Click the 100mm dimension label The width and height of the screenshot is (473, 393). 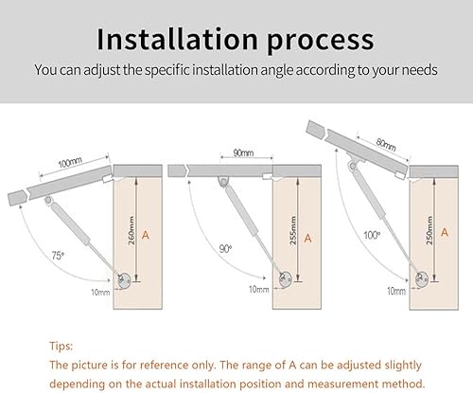[x=70, y=162]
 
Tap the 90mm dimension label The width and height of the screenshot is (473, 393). [x=243, y=152]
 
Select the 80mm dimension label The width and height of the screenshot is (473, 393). [x=386, y=145]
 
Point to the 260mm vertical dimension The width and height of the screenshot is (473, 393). [x=131, y=230]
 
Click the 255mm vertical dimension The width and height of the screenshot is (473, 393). [x=293, y=230]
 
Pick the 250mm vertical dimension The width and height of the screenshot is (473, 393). [x=429, y=230]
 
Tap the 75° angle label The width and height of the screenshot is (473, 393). [x=58, y=256]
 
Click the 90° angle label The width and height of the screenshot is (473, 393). [x=225, y=249]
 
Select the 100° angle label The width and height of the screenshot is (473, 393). [x=372, y=235]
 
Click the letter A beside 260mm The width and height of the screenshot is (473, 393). [x=146, y=235]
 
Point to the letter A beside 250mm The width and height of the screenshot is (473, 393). [x=445, y=233]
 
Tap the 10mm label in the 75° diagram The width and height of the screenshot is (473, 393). [x=100, y=293]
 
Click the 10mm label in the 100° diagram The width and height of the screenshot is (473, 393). [x=396, y=291]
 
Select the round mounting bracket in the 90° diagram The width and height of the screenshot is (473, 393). [x=286, y=279]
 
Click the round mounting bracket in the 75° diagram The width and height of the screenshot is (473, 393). [x=124, y=280]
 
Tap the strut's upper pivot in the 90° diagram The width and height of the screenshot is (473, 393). [x=223, y=182]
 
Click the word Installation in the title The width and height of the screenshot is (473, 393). [x=177, y=39]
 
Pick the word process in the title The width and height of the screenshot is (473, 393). [x=321, y=42]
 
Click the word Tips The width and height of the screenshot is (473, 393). [x=61, y=347]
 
